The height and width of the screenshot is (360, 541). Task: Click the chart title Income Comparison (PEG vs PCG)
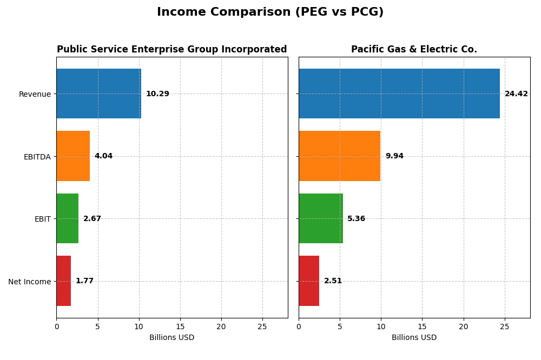[270, 12]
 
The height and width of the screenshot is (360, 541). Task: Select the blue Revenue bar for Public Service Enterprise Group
[98, 94]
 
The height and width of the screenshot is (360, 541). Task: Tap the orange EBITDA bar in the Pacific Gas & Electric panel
[339, 156]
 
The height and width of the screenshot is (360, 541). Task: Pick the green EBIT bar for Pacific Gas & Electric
[320, 218]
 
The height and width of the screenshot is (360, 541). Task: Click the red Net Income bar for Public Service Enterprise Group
[64, 281]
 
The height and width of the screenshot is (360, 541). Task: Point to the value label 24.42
[516, 94]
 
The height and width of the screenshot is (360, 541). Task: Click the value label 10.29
[157, 94]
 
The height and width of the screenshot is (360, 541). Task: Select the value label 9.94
[394, 156]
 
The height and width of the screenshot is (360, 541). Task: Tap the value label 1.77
[84, 281]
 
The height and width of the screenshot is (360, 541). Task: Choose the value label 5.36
[356, 219]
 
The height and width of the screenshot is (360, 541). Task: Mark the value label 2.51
[333, 281]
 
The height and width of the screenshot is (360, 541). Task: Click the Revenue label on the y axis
[35, 94]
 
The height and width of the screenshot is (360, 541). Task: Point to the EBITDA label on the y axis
[37, 157]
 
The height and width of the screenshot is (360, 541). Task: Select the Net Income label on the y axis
[29, 282]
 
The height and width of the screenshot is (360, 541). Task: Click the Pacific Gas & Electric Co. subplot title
[414, 50]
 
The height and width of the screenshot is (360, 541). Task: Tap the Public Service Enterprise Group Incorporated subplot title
[171, 50]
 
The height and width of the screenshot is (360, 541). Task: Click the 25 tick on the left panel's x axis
[262, 326]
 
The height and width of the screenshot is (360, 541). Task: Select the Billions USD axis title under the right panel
[414, 338]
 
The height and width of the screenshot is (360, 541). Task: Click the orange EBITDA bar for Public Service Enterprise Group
[73, 156]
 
